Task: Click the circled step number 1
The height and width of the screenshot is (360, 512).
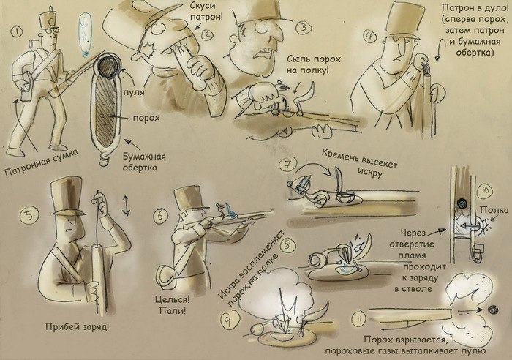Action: tap(16, 31)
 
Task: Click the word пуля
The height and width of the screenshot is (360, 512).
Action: tap(134, 92)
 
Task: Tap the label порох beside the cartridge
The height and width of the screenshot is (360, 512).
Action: tap(146, 118)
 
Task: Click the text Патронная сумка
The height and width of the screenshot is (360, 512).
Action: tap(42, 162)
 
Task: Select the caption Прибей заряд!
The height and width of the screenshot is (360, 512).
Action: tap(77, 326)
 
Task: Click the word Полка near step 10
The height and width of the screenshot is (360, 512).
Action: tap(494, 210)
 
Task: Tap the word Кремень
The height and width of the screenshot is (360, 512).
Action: tap(341, 157)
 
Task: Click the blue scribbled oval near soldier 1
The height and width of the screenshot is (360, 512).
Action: tap(86, 34)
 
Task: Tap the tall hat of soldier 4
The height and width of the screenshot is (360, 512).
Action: tap(401, 20)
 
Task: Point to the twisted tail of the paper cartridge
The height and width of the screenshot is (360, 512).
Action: tap(105, 159)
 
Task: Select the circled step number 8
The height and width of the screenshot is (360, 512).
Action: tap(287, 245)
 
